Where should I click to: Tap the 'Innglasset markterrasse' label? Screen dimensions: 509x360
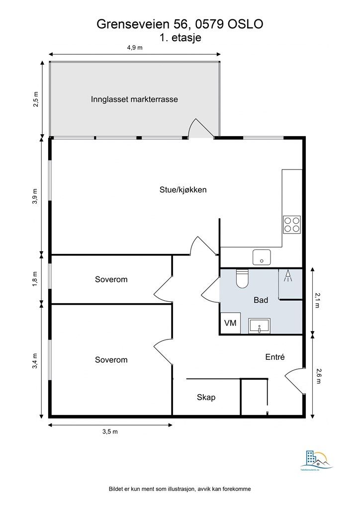tap(134, 99)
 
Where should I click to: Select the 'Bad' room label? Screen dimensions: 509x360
tap(261, 300)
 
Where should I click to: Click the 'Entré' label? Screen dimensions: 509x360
tap(274, 356)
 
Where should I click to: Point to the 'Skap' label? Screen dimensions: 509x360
tap(206, 397)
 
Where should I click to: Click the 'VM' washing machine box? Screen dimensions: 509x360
tap(230, 323)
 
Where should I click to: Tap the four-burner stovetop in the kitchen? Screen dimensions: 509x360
tap(292, 225)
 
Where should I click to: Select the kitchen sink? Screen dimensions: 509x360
tap(262, 257)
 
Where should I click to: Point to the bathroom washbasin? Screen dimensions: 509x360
tap(259, 326)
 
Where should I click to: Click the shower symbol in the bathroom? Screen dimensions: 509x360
tap(288, 276)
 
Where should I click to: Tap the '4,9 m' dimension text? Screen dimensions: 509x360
tap(135, 48)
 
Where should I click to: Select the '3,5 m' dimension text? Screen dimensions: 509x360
tap(110, 431)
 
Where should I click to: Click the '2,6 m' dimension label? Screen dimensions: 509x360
tap(318, 376)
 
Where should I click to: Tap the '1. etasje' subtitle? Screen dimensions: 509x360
tap(180, 37)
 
